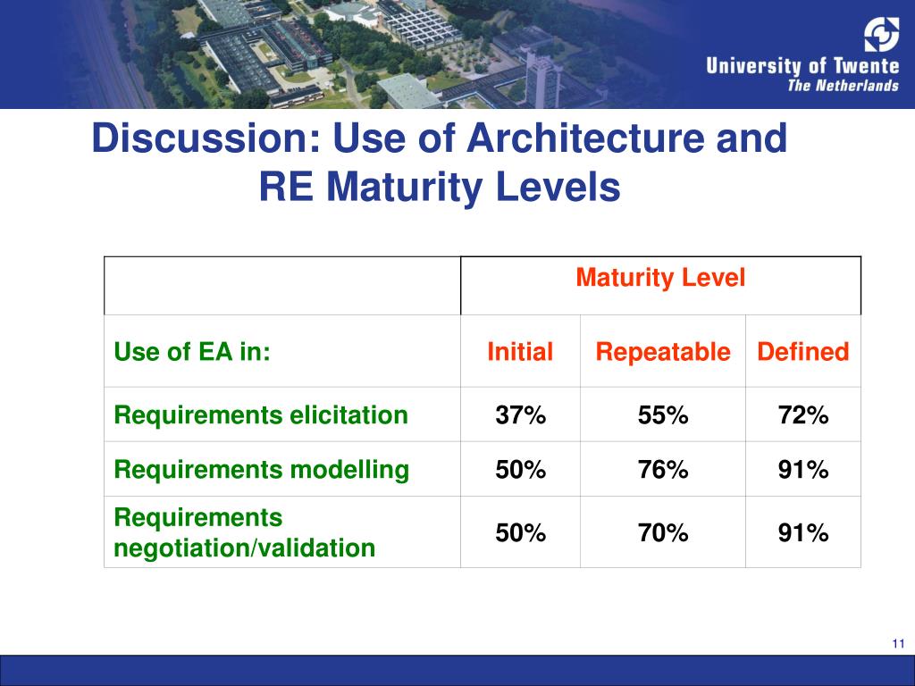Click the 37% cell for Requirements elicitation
tap(520, 415)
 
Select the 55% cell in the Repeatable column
tap(662, 415)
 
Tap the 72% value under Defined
tap(802, 415)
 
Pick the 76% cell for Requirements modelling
tap(662, 470)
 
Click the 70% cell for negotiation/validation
tap(662, 533)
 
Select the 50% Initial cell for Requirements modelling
tap(520, 470)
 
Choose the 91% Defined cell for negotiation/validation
tap(802, 533)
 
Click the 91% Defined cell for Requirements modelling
tap(802, 470)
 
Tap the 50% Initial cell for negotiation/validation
tap(520, 533)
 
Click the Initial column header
tap(520, 352)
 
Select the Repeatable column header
tap(662, 352)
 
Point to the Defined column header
tap(802, 352)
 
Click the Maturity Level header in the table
tap(660, 279)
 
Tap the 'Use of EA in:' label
tap(191, 352)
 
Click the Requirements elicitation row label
tap(260, 415)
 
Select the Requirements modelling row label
tap(261, 470)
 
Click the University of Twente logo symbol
tap(880, 35)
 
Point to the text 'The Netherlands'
tap(843, 86)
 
